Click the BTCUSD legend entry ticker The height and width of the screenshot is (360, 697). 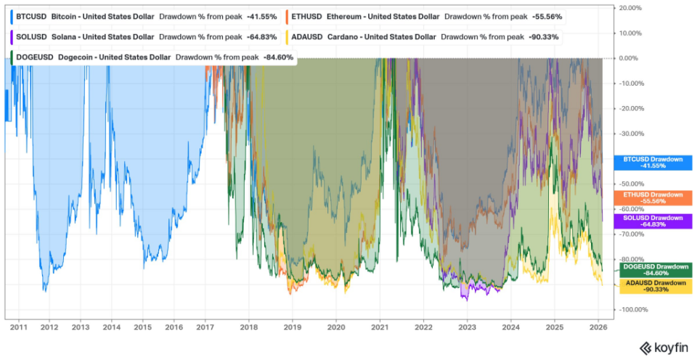point(31,15)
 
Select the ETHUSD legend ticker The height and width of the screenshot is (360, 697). point(307,15)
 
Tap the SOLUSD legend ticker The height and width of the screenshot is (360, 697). point(31,36)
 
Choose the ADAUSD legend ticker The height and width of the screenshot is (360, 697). point(308,36)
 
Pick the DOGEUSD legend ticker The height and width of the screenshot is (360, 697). point(35,56)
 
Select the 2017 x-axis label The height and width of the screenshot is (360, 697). point(205,327)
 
